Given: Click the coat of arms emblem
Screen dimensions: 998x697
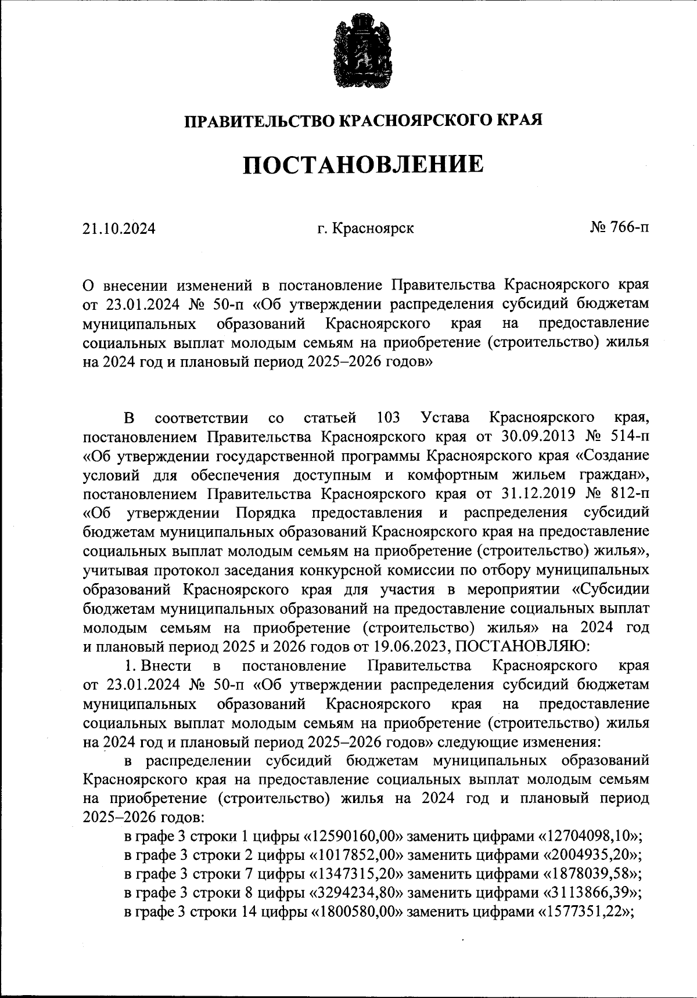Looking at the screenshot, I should click(361, 55).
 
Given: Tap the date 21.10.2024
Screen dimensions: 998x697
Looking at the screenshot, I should click(119, 229).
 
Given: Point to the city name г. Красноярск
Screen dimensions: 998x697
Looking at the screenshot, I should click(365, 229).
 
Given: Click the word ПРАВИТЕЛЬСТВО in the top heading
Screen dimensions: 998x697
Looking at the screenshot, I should click(259, 121).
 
